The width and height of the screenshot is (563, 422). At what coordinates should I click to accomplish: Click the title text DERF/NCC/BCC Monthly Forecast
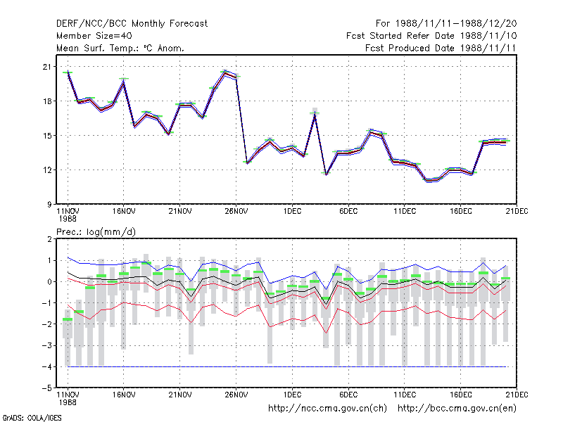pos(132,24)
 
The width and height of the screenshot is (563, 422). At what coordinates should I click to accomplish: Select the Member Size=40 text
pos(94,36)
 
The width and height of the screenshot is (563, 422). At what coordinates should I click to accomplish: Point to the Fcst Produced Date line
pos(441,48)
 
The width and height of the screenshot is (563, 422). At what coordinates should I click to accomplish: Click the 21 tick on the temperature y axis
pos(47,67)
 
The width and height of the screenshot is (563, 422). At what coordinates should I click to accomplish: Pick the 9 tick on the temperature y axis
pos(49,204)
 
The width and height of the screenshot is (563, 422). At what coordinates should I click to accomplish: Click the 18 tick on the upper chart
pos(47,101)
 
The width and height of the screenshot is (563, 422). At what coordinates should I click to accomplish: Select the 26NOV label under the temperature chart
pos(236,212)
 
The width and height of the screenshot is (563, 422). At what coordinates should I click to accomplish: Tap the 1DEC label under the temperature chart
pos(292,212)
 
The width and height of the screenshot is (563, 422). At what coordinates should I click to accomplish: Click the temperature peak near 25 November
pos(224,72)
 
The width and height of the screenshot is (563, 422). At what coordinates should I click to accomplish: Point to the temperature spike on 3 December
pos(315,114)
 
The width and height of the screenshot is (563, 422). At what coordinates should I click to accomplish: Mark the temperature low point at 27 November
pos(248,162)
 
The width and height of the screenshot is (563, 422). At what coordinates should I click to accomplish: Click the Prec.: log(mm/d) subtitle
pos(96,232)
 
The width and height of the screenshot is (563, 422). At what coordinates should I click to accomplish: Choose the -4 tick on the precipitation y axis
pos(46,366)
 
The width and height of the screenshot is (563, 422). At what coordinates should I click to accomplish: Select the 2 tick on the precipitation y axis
pos(49,239)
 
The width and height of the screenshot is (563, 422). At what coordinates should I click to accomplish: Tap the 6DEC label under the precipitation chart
pos(348,395)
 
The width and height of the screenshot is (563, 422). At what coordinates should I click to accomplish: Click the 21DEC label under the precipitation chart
pos(517,395)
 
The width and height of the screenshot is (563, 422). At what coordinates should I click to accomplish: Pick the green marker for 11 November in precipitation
pos(68,319)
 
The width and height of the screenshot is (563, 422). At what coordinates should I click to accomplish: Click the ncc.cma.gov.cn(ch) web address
pos(327,409)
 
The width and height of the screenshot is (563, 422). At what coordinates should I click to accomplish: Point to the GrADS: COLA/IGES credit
pos(32,418)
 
